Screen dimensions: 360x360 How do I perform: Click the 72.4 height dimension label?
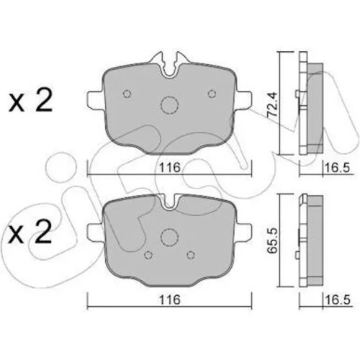point(273,104)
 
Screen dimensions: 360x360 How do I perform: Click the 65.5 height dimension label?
point(273,240)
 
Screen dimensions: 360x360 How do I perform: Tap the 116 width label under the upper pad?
point(170,167)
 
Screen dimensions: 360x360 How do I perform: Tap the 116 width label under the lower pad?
point(170,300)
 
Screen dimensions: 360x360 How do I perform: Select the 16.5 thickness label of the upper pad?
point(337,167)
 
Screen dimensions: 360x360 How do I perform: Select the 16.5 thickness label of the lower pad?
point(337,300)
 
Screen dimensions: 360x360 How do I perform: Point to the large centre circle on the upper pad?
point(170,105)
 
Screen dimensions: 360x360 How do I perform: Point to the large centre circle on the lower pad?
point(169,238)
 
